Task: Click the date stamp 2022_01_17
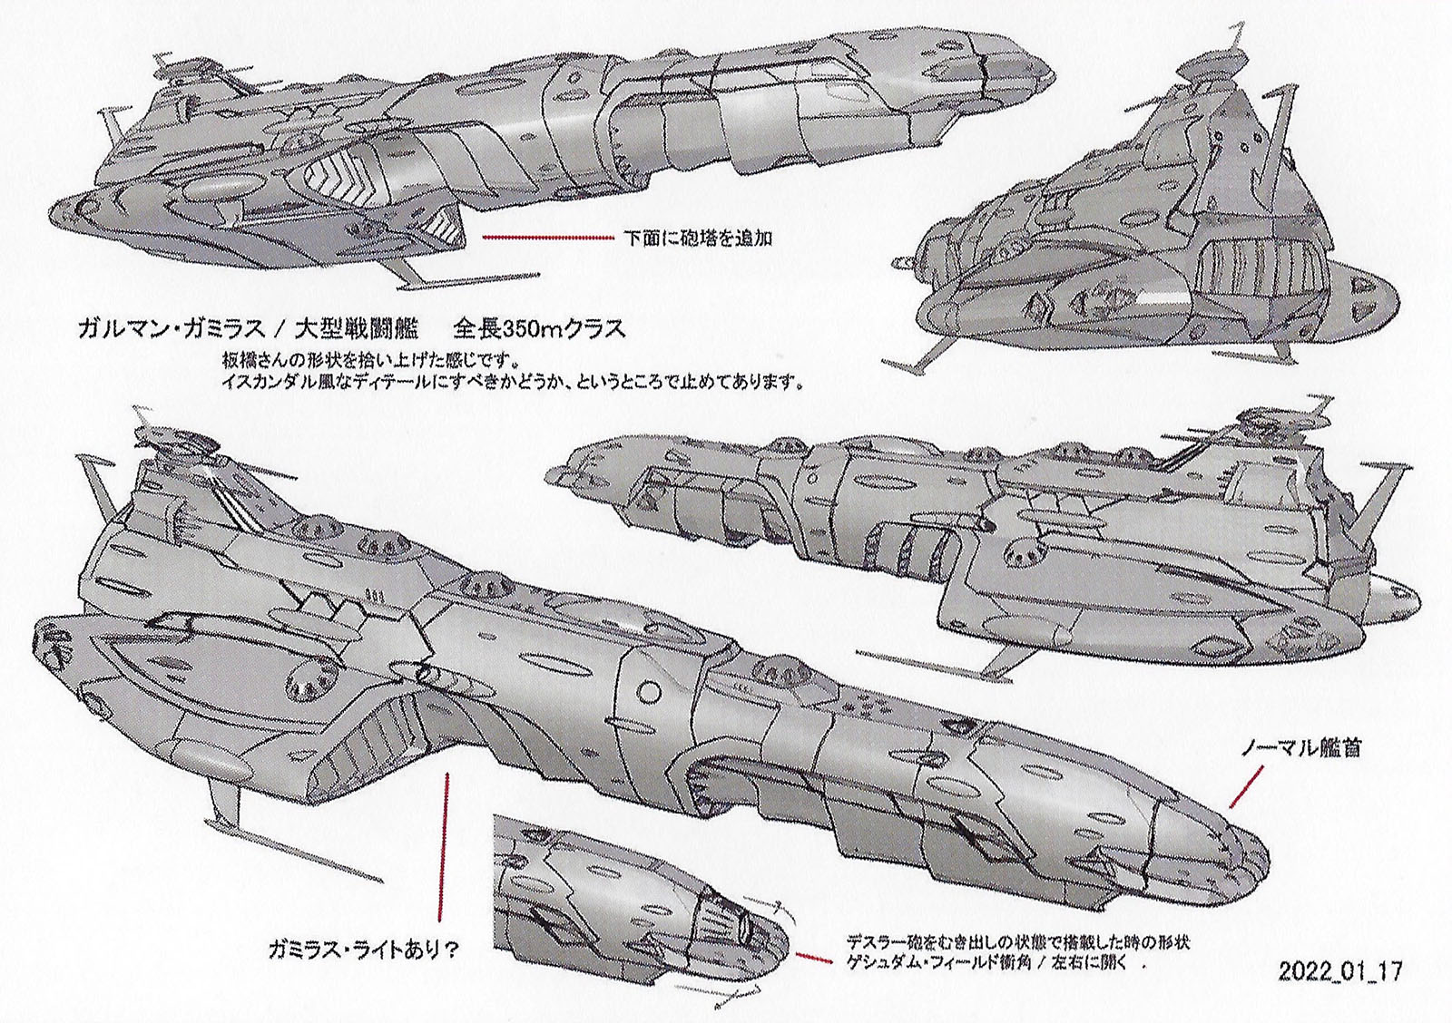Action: pyautogui.click(x=1340, y=972)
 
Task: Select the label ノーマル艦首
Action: pyautogui.click(x=1302, y=750)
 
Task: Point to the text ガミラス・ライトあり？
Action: pyautogui.click(x=363, y=950)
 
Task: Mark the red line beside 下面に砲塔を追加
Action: pyautogui.click(x=548, y=239)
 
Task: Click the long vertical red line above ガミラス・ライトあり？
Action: pyautogui.click(x=444, y=843)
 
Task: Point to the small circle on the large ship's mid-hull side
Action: pyautogui.click(x=649, y=692)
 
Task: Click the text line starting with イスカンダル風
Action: pyautogui.click(x=513, y=382)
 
